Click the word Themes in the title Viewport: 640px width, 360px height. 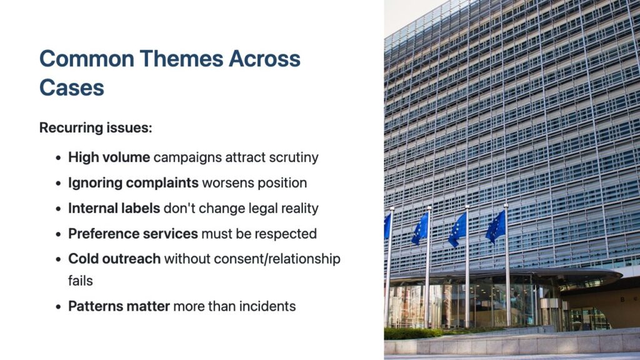(x=182, y=58)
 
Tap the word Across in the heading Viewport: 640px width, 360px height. (x=264, y=58)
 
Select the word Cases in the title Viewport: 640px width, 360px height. (x=72, y=87)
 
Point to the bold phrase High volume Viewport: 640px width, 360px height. (x=109, y=157)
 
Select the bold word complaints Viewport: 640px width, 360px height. (x=162, y=183)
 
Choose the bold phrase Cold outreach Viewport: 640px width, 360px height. (x=114, y=259)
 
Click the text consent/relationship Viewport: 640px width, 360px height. (x=277, y=259)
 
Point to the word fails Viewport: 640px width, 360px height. (x=81, y=281)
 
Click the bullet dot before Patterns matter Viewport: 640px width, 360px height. (x=58, y=306)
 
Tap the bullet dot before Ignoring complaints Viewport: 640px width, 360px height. (x=58, y=183)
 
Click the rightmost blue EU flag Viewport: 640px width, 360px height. (x=496, y=227)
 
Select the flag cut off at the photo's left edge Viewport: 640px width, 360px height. (x=387, y=226)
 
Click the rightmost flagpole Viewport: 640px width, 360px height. (x=507, y=264)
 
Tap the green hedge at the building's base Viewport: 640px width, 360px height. (x=412, y=334)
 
